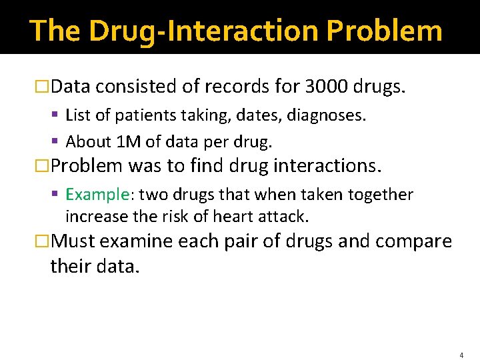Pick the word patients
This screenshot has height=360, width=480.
(x=141, y=116)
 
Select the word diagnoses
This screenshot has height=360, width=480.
(x=329, y=116)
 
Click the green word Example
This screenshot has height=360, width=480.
(x=96, y=195)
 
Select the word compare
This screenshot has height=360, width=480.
(x=413, y=241)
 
